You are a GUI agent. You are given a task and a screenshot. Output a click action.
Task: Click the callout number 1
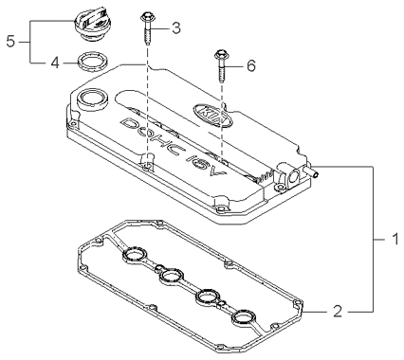coord(395,240)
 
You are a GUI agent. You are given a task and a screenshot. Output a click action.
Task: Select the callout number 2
coord(338,312)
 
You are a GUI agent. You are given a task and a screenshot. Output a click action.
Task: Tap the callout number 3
coord(175,27)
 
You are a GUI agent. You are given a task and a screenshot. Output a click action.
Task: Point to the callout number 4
coord(55,63)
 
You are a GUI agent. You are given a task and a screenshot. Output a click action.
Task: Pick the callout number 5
coord(10,42)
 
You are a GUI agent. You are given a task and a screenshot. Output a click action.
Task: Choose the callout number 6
coord(250,66)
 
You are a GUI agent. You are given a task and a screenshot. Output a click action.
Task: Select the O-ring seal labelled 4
coord(93,61)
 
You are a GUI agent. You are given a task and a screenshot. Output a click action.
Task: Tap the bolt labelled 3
coord(147,29)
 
